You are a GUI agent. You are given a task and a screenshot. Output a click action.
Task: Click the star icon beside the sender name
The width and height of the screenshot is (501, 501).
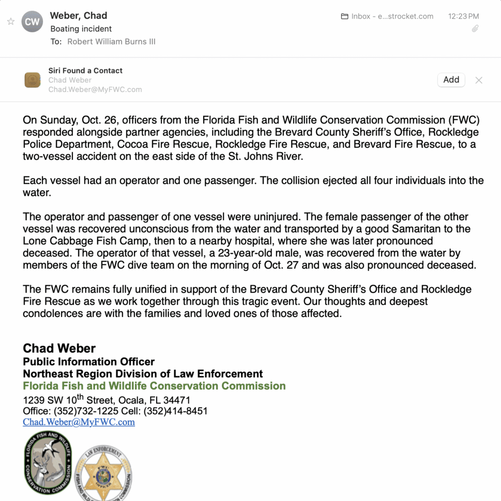11,22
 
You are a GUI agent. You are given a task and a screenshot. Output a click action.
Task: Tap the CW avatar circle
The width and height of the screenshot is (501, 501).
32,22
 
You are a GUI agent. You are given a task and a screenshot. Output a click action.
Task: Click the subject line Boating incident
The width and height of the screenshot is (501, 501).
81,29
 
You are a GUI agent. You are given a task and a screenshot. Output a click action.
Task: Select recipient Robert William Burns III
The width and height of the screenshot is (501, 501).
112,42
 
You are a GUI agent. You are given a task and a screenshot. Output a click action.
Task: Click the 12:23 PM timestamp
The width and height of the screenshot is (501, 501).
463,16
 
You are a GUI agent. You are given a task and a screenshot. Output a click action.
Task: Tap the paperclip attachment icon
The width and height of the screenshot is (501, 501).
475,29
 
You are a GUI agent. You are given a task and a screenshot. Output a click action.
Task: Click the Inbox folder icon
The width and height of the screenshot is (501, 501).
344,16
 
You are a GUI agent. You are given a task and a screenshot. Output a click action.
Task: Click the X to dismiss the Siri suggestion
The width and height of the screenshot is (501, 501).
479,80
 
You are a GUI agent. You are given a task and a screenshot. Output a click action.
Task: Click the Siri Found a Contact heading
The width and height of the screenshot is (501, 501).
86,70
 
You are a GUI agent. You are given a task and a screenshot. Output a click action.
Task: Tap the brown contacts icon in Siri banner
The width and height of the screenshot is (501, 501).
32,80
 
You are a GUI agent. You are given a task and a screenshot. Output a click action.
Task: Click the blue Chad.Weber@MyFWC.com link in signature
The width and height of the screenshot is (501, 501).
79,422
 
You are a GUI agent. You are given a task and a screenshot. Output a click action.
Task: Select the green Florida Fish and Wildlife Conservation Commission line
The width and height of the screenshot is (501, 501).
154,386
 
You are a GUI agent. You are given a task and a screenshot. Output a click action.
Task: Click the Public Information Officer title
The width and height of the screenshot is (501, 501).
89,362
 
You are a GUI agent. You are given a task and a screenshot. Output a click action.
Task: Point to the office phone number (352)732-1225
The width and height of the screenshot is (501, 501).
86,411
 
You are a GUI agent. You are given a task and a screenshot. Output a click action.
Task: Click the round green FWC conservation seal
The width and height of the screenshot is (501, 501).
48,463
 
